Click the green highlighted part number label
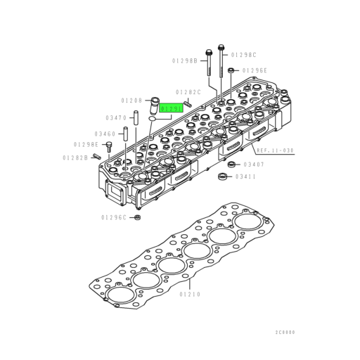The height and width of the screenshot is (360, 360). [x=172, y=109]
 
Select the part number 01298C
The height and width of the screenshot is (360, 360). [x=244, y=55]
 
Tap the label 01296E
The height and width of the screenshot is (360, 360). [x=255, y=70]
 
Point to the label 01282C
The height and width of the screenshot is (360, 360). [x=188, y=92]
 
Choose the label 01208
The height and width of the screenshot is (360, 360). [x=131, y=101]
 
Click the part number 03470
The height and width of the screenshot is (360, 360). [x=116, y=117]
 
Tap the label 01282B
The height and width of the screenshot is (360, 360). [x=76, y=158]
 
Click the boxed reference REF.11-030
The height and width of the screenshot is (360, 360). [x=275, y=150]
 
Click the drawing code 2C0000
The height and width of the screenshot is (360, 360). [x=285, y=332]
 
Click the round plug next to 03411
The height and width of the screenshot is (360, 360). [x=223, y=176]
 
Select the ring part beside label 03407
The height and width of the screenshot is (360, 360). [x=231, y=164]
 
